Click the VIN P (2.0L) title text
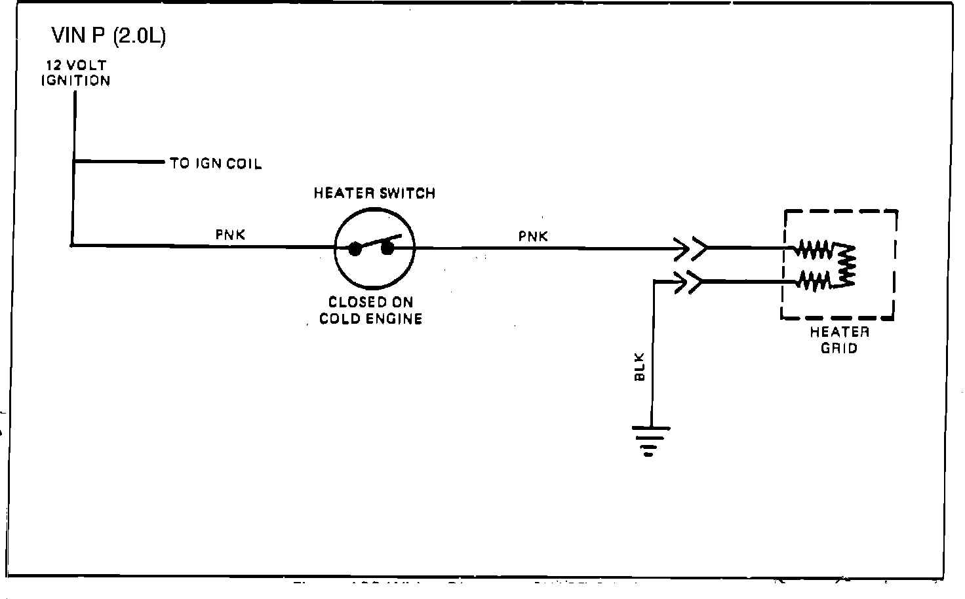[x=109, y=36]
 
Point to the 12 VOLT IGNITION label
[x=75, y=73]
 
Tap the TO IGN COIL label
[x=216, y=163]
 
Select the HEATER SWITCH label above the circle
[x=374, y=193]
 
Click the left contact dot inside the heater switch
[x=355, y=249]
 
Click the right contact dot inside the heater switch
[x=387, y=248]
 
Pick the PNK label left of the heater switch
[x=231, y=235]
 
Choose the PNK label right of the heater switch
[x=533, y=236]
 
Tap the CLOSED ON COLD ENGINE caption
[x=370, y=311]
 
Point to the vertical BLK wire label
[x=640, y=367]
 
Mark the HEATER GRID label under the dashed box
[x=839, y=339]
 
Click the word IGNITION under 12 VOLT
[x=75, y=81]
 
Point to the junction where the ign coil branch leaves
[x=75, y=161]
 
